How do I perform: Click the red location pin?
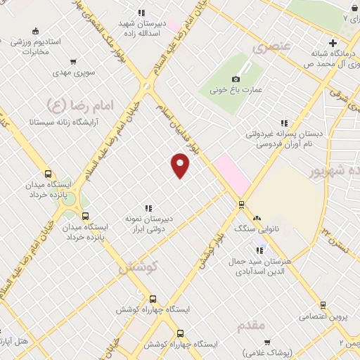click(x=181, y=165)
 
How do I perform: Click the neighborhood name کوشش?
click(x=137, y=267)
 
